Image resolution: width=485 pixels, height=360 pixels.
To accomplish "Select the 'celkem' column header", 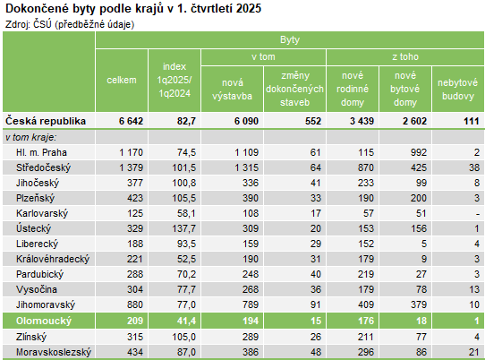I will pyautogui.click(x=121, y=81).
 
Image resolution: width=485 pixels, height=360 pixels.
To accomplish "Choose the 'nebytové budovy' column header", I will pyautogui.click(x=456, y=88).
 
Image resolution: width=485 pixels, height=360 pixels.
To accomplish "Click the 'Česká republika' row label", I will pyautogui.click(x=46, y=120).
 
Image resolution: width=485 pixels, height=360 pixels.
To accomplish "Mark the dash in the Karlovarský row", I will pyautogui.click(x=478, y=213).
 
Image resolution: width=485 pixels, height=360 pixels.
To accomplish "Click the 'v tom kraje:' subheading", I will pyautogui.click(x=30, y=137).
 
